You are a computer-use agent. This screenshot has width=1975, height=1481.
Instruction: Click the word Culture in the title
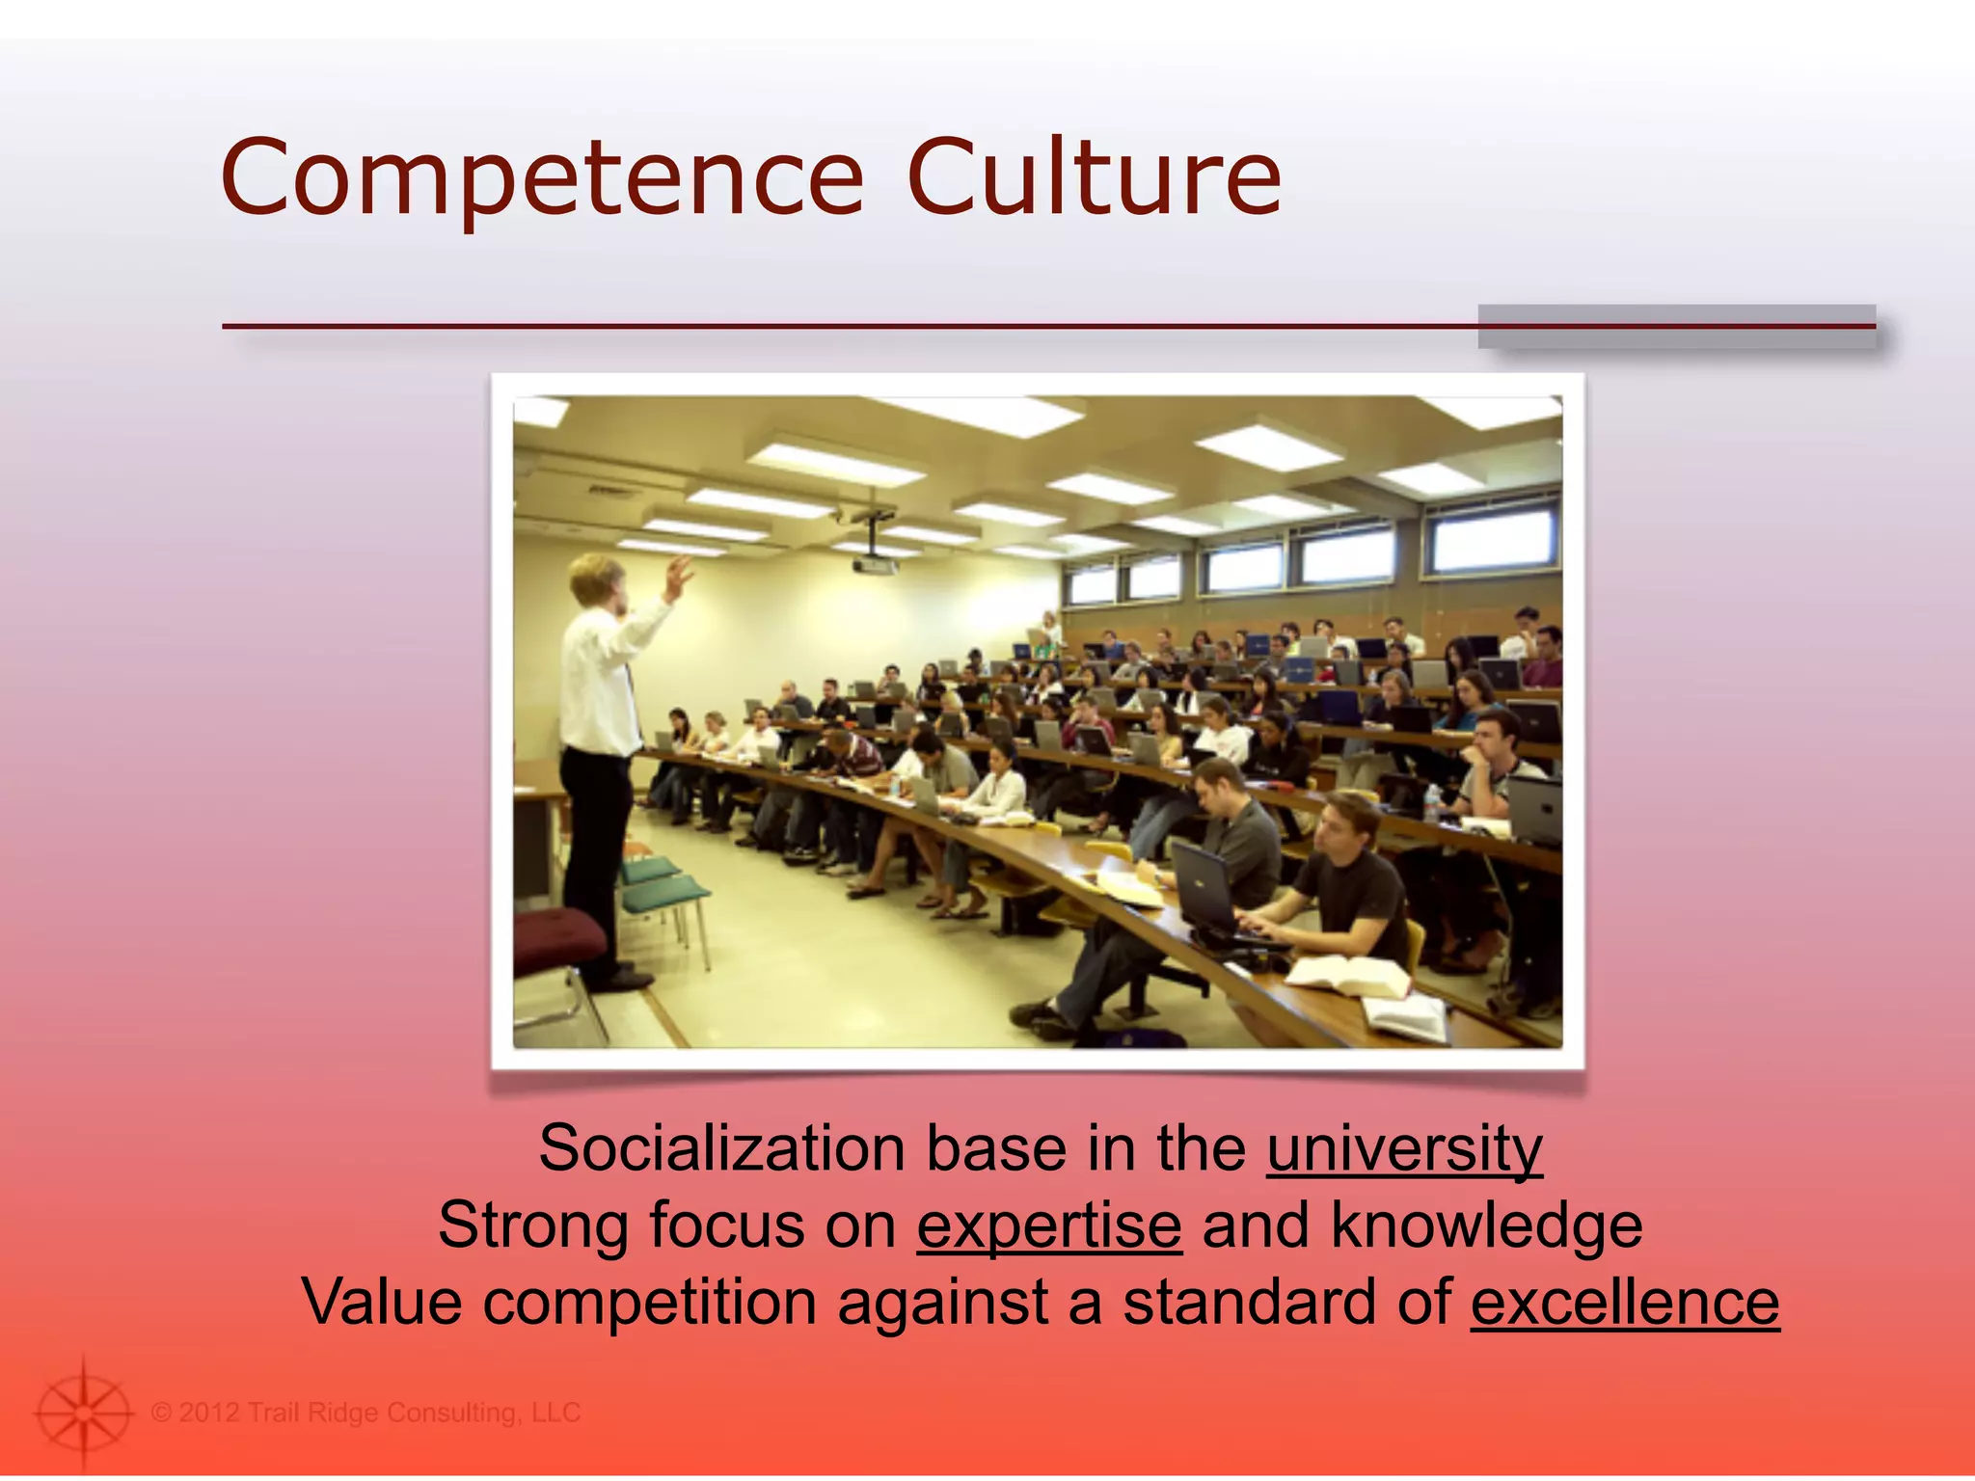pos(1094,178)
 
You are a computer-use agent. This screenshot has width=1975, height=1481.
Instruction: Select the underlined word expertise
pos(1049,1225)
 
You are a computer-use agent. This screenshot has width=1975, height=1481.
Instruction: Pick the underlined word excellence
pos(1625,1302)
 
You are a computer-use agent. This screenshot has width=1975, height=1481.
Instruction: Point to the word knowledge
pos(1487,1225)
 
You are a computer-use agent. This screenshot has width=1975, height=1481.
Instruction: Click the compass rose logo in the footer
pos(83,1413)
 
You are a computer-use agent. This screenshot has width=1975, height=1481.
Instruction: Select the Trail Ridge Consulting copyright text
pos(366,1413)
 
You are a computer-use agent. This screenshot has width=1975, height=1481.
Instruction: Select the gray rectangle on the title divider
pos(1676,326)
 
